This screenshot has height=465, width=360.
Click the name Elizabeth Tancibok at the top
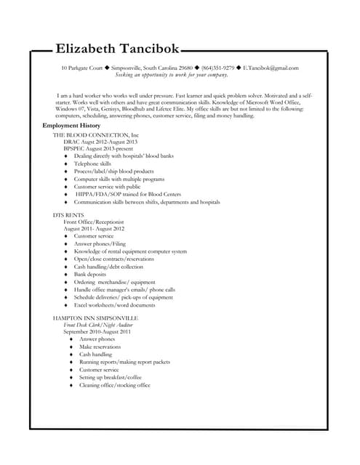127,49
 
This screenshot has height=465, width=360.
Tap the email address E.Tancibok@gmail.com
271,68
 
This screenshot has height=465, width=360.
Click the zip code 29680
185,68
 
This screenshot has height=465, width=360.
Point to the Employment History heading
71,126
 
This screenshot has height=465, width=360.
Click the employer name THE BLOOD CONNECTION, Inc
95,135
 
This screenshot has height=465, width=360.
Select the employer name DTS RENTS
69,215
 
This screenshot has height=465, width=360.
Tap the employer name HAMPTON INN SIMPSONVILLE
95,318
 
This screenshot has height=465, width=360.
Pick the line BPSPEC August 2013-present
98,148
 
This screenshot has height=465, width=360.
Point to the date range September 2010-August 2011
97,331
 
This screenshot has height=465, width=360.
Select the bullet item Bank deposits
90,275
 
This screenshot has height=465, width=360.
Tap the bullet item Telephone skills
92,163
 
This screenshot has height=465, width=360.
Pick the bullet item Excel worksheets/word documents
114,304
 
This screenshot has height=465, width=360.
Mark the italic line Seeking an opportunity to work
172,75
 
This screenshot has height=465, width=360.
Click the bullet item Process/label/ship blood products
113,171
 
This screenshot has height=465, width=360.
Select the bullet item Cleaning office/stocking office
114,385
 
